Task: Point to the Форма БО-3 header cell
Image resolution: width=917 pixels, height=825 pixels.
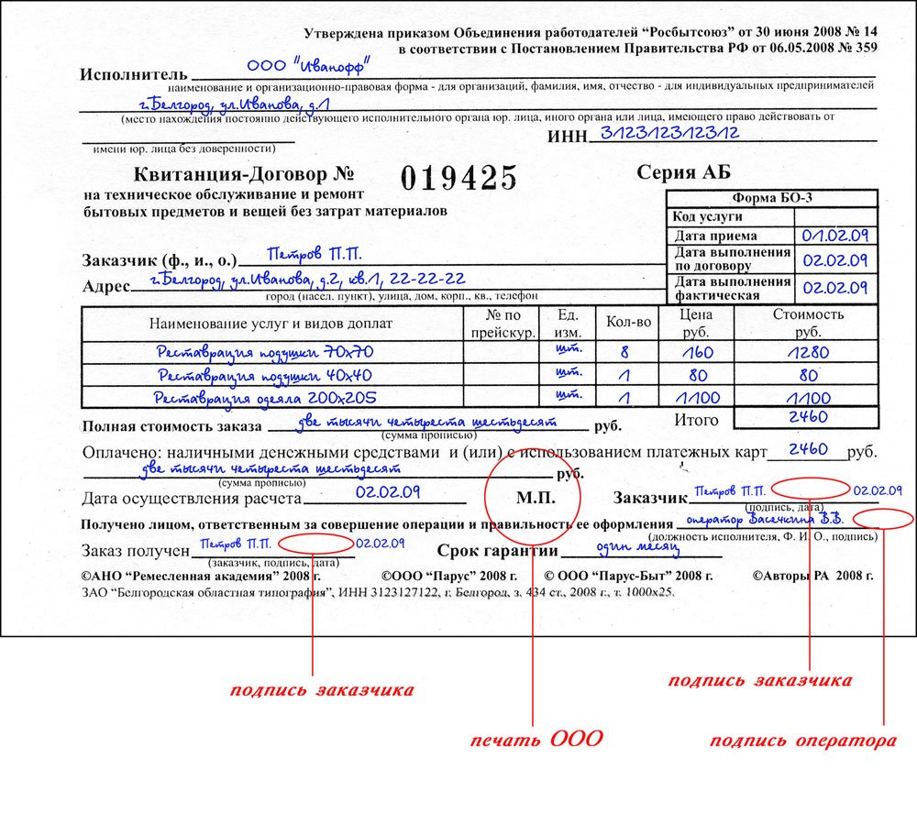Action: click(772, 199)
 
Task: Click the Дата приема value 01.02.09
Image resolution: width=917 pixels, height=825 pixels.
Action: click(834, 236)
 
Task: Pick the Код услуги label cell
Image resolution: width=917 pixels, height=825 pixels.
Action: click(707, 217)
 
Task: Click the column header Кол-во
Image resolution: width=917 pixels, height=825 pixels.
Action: click(629, 322)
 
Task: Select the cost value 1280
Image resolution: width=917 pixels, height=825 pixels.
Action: click(807, 352)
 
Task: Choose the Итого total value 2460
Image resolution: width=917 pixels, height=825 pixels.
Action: click(808, 417)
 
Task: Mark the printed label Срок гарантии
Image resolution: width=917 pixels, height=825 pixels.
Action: click(497, 552)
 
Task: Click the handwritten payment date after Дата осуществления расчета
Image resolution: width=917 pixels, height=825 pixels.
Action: click(388, 492)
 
